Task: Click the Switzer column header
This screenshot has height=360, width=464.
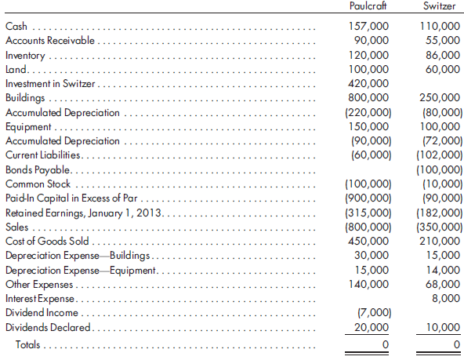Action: (439, 6)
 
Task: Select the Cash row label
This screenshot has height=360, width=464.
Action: (16, 27)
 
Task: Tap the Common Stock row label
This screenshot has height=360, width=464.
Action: (38, 184)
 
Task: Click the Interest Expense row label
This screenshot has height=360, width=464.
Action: (40, 299)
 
